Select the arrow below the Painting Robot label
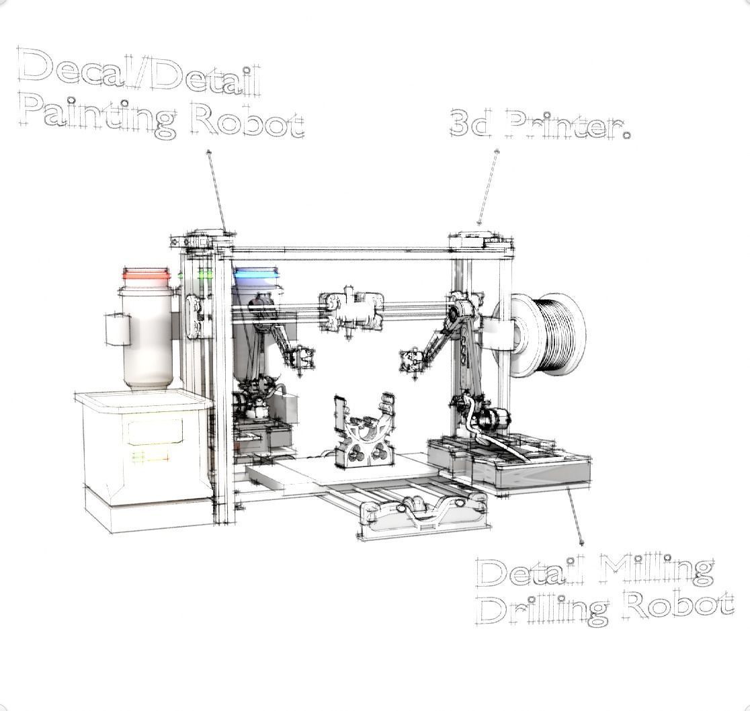point(217,191)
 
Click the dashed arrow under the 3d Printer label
point(488,187)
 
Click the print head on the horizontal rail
point(351,311)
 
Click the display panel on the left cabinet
point(155,432)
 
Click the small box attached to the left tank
point(118,330)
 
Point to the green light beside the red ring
point(205,274)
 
